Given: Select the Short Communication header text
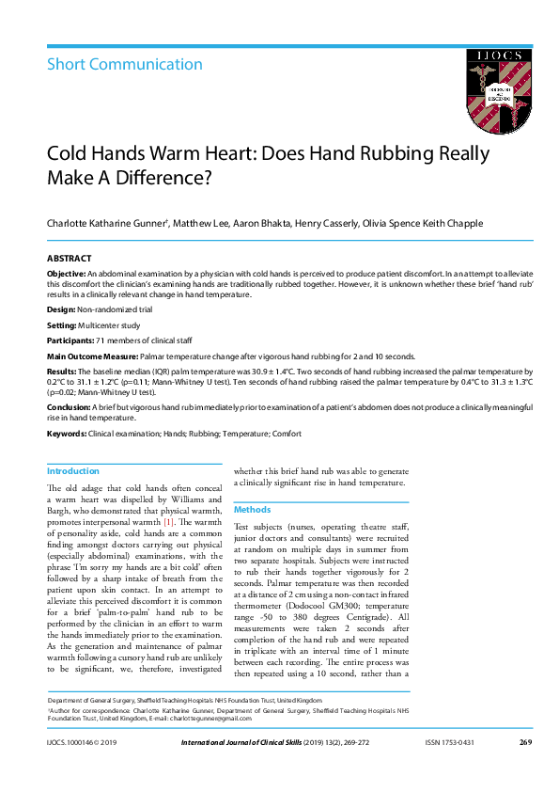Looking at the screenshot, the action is click(125, 65).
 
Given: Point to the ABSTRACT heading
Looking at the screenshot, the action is click(70, 258).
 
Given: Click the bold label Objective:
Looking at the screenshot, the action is click(66, 272).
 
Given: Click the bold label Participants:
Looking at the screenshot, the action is click(70, 341).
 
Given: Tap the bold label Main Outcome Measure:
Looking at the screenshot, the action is click(91, 357).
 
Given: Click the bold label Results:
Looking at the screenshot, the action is click(63, 373).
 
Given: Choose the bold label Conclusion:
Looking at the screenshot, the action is click(69, 406).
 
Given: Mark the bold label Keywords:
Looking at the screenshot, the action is click(67, 433).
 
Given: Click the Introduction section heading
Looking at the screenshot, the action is click(73, 471).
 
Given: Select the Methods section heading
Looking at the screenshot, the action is click(252, 509).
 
